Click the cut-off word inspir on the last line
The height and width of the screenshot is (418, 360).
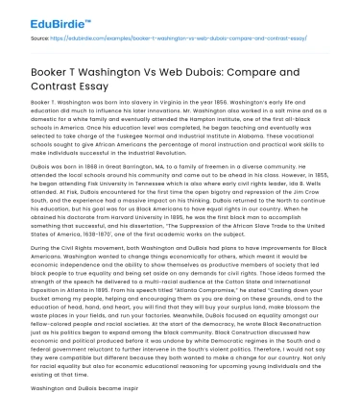click(126, 409)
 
